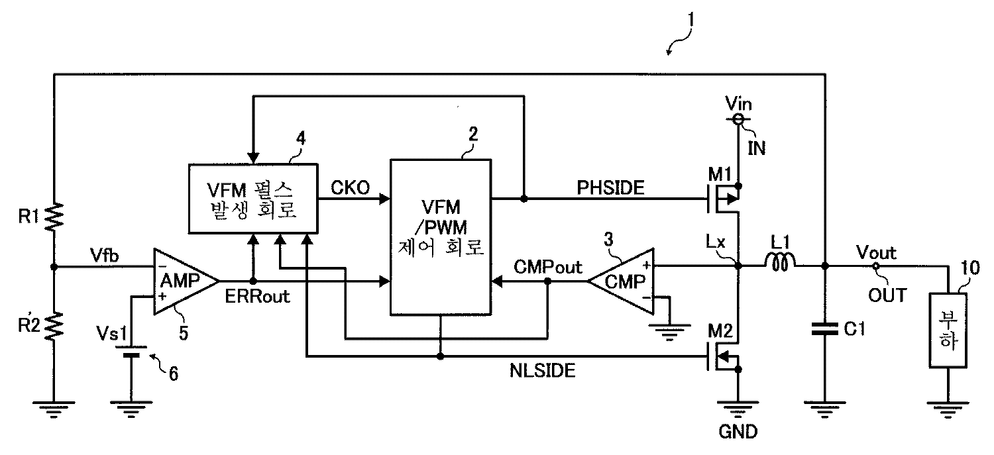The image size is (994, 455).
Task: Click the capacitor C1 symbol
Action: pos(825,329)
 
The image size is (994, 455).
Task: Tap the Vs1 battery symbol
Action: pos(133,350)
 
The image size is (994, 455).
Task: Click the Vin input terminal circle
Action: pos(739,120)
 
